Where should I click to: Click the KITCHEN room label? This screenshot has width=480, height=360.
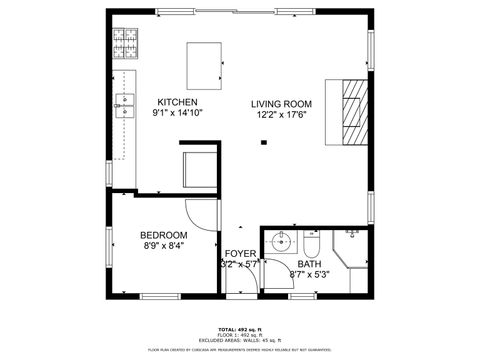tap(178, 102)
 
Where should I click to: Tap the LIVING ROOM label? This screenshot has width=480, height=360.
tap(281, 103)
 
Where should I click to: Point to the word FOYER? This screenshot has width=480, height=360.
tap(240, 254)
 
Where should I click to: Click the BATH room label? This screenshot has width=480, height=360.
tap(308, 264)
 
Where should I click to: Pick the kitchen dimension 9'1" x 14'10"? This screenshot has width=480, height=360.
tap(177, 114)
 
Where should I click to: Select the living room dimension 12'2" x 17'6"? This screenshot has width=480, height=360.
tap(282, 115)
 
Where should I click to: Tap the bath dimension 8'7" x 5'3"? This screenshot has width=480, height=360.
tap(309, 275)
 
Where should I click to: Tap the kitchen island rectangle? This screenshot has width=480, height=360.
tap(208, 66)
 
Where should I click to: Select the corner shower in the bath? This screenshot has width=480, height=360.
tap(351, 250)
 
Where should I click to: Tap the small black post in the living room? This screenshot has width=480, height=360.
tap(263, 143)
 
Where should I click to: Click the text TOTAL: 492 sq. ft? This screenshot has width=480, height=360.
tap(240, 328)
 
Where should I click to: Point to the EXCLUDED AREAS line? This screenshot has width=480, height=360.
tap(240, 340)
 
